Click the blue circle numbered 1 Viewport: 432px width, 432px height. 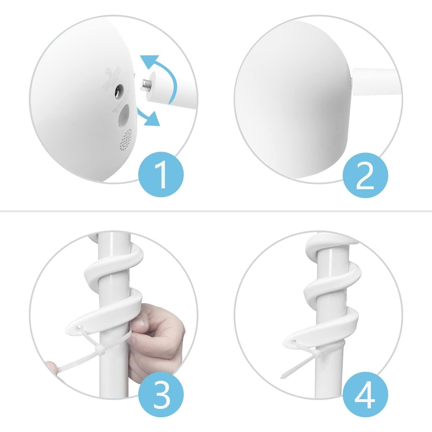(161, 175)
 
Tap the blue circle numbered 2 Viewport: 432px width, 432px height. (365, 175)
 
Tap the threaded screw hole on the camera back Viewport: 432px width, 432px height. (118, 92)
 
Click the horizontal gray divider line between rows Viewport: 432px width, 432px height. (216, 211)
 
